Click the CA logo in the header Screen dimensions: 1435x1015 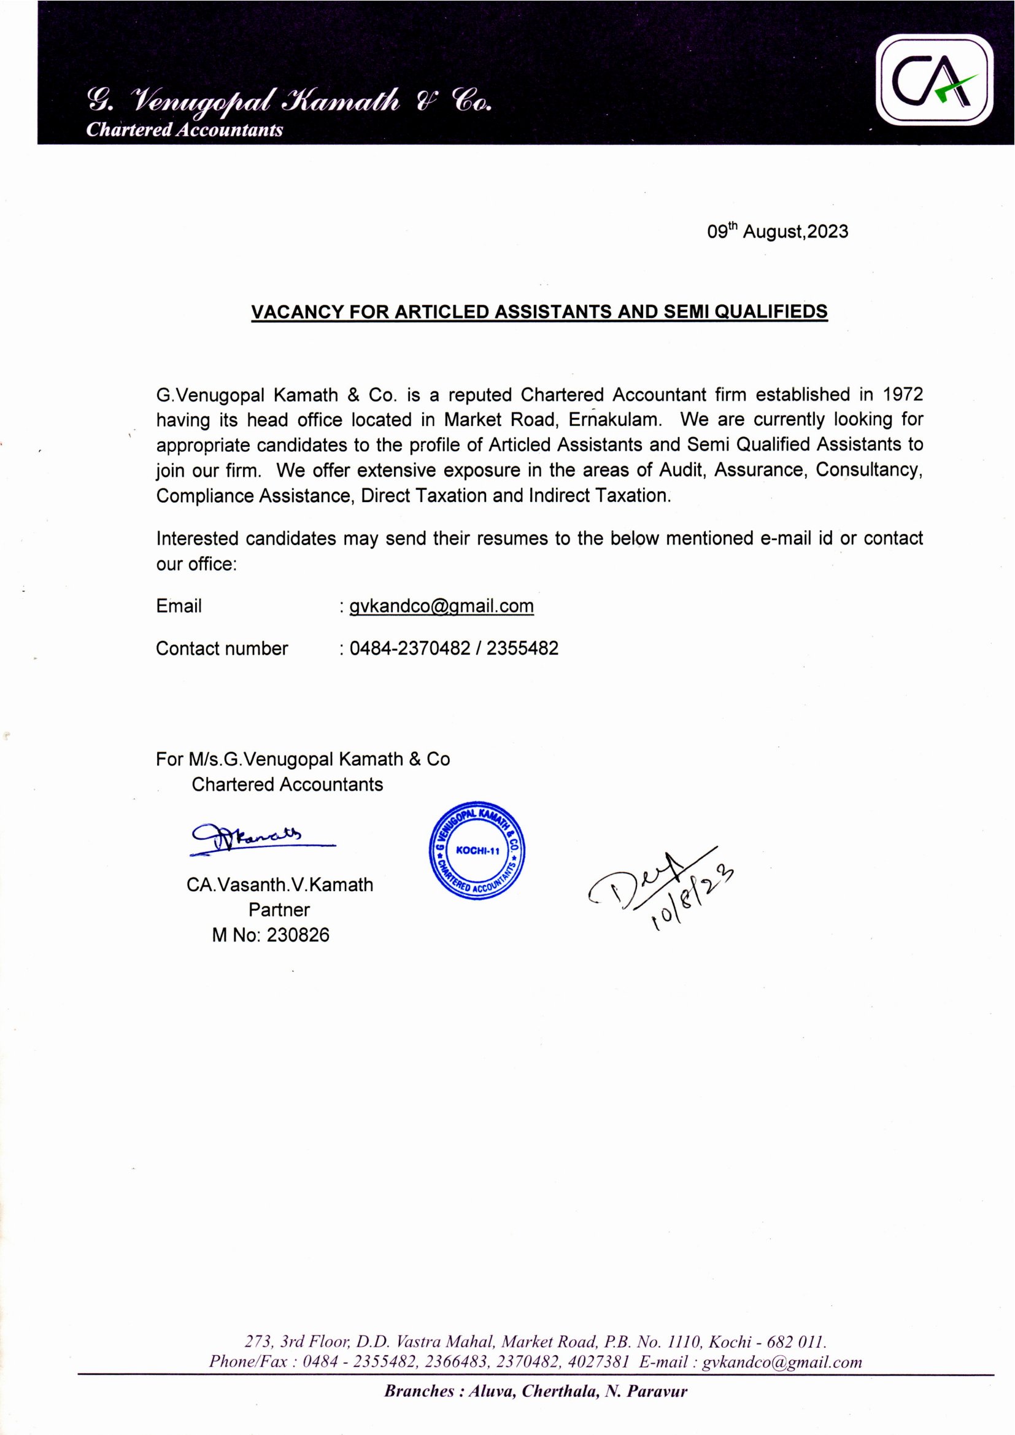click(x=934, y=81)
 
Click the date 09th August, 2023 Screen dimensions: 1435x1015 click(x=777, y=232)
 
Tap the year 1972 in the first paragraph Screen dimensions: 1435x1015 click(x=903, y=395)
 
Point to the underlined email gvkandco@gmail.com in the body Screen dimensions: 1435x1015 click(x=441, y=606)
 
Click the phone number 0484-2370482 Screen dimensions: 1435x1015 click(x=409, y=648)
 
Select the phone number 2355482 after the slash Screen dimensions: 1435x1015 click(x=522, y=648)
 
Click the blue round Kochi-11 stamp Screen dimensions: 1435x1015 click(x=477, y=851)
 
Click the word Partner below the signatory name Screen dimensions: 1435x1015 click(x=279, y=910)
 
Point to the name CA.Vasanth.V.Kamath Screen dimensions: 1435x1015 click(x=279, y=885)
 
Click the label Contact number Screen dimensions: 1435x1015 click(x=222, y=649)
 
